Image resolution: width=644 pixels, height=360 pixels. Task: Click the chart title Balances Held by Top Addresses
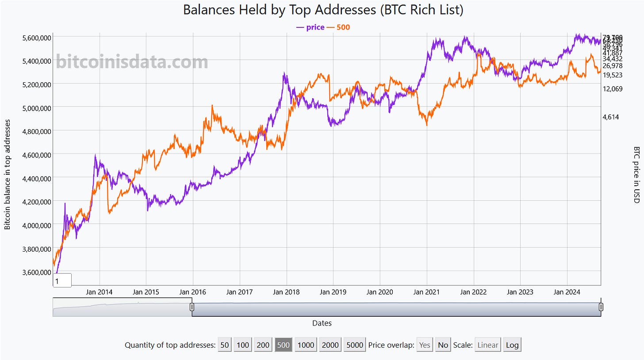(x=323, y=10)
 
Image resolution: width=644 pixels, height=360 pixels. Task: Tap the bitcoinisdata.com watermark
(x=132, y=62)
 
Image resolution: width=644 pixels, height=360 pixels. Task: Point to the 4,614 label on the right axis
(x=611, y=117)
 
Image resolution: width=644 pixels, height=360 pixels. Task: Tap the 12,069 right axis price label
(x=613, y=89)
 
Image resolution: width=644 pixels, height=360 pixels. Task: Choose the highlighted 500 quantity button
(x=283, y=345)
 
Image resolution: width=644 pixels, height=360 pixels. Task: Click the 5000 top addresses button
(x=355, y=345)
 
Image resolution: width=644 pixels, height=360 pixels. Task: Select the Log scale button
(x=512, y=345)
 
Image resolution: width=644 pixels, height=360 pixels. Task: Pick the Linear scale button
(x=487, y=345)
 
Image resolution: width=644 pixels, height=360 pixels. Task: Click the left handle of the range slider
(x=192, y=307)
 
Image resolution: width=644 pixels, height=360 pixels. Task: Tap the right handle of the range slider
(x=601, y=307)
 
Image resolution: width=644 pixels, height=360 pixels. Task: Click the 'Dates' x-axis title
(x=322, y=323)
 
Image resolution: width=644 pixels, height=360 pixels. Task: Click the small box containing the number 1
(x=62, y=280)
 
